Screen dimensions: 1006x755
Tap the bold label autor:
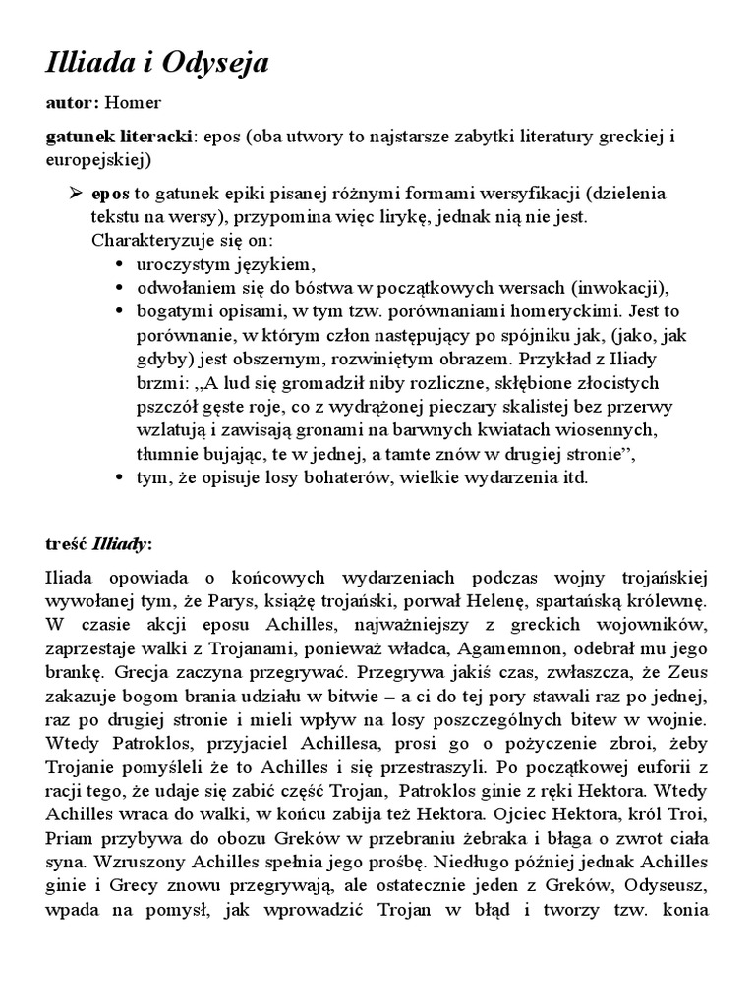(72, 102)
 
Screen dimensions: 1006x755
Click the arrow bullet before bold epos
(75, 194)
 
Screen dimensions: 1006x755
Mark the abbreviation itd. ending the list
(571, 478)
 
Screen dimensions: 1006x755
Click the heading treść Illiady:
(99, 544)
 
